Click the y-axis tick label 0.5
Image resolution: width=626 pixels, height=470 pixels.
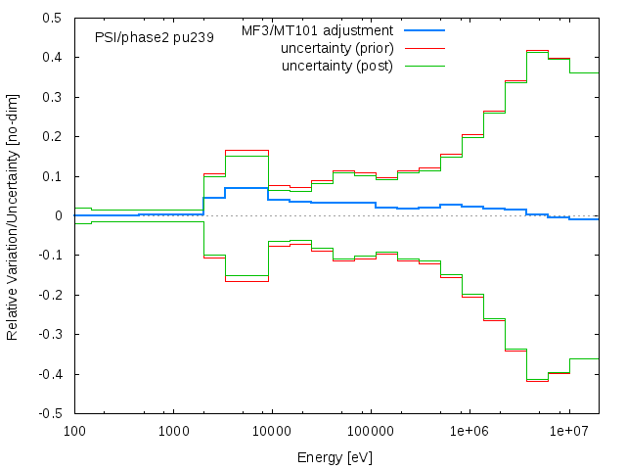53,19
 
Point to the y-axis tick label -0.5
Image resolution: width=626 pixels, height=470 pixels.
51,414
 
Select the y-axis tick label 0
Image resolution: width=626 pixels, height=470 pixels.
59,216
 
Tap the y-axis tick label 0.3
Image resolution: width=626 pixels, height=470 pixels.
53,98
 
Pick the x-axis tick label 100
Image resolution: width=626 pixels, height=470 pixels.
73,431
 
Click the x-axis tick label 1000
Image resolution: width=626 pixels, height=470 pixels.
173,431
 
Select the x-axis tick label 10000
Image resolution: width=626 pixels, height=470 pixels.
272,431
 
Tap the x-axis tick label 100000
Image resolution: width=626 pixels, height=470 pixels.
371,431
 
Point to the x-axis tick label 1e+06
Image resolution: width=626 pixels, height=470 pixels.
469,431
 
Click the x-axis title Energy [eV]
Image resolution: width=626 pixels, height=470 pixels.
335,457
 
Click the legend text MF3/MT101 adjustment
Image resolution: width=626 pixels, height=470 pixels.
317,31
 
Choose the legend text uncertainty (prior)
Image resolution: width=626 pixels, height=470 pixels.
336,49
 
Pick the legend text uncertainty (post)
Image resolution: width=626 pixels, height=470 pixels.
336,66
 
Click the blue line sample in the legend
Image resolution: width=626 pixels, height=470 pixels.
425,31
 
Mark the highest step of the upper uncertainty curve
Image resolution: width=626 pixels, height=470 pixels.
537,51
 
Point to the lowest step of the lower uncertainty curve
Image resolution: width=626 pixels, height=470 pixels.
537,381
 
